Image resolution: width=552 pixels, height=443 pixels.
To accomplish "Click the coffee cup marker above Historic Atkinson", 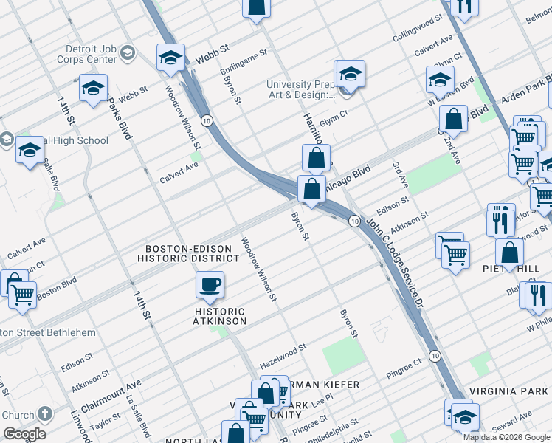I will (x=210, y=285).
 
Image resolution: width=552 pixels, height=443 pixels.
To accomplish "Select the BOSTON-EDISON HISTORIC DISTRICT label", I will (x=192, y=254).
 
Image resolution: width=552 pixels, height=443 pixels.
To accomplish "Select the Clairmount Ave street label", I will (x=111, y=396).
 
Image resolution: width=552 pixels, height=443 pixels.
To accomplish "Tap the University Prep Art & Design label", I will (x=301, y=89).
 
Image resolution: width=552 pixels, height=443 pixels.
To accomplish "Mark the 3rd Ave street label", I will (x=400, y=176).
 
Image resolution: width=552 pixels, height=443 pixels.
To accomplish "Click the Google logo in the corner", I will (x=24, y=434).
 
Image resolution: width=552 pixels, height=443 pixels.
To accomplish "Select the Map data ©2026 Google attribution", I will (x=506, y=437).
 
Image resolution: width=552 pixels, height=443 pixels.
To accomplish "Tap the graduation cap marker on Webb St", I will (x=170, y=58).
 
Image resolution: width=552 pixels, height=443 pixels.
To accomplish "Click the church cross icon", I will (x=45, y=414).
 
